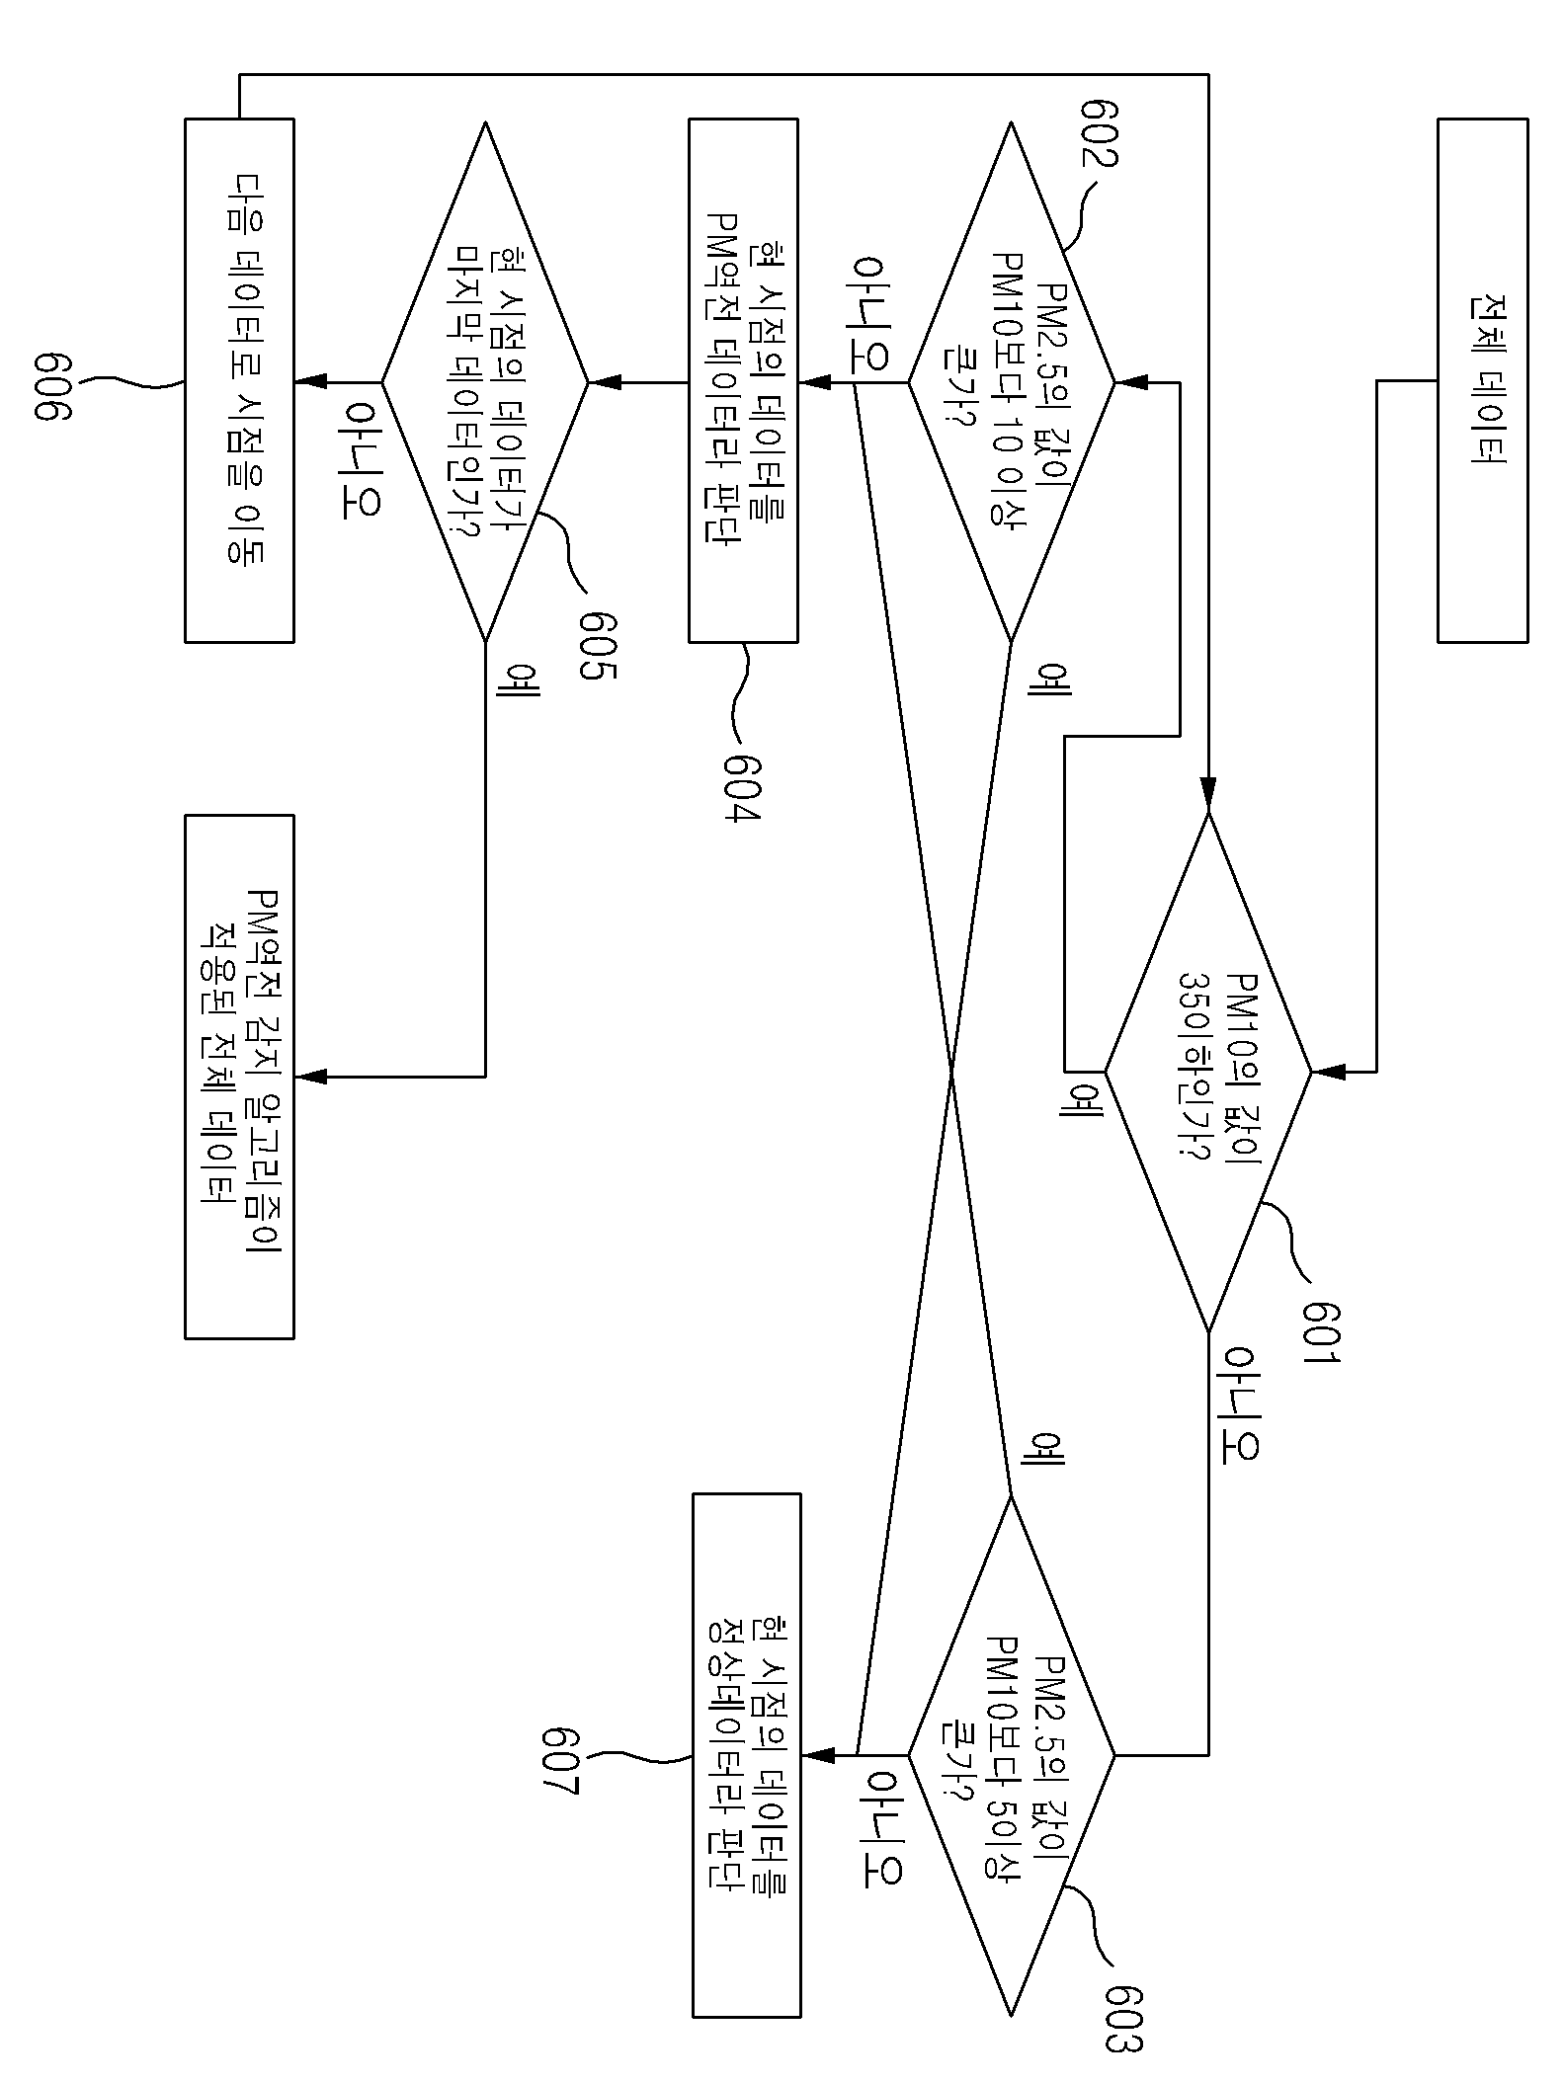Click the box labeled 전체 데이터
1482,380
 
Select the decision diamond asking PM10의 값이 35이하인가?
1207,1071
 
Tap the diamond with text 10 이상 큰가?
1011,381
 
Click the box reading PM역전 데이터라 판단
743,380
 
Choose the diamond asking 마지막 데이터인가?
485,381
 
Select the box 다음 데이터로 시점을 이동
239,380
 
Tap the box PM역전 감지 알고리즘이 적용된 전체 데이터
239,1077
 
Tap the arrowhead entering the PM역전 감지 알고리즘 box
310,1076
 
